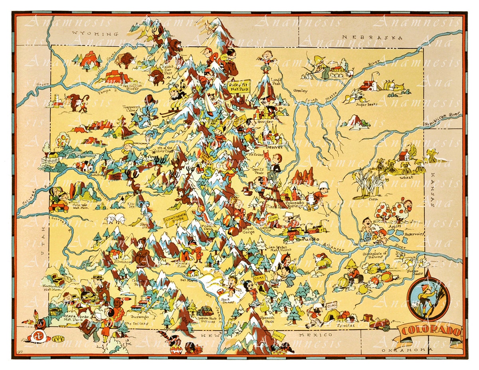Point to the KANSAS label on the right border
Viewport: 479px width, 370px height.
pyautogui.click(x=432, y=189)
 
